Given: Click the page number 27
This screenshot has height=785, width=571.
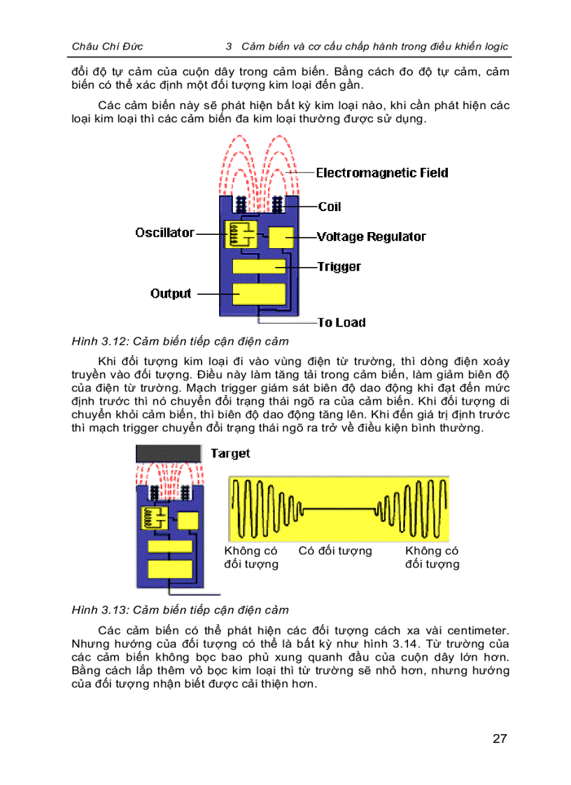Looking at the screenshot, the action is click(499, 739).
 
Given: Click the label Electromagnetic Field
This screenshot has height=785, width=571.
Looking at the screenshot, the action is click(382, 173).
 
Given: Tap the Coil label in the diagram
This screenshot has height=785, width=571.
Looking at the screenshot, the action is click(330, 207).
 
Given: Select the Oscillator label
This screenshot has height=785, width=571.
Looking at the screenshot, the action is click(164, 233).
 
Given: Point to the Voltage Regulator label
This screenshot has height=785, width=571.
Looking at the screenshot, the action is click(371, 237).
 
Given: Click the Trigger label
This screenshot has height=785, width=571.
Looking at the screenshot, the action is click(339, 266).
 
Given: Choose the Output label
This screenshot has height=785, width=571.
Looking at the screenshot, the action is click(171, 294).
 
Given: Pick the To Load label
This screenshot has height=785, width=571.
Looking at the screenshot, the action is click(341, 322).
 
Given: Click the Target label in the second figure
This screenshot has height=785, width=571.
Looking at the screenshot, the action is click(230, 454).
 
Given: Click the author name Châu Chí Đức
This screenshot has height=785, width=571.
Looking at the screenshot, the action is click(107, 46).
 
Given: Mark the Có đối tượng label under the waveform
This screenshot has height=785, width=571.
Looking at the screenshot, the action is click(335, 551).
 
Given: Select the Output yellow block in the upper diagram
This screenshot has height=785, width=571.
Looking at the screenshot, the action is click(258, 293).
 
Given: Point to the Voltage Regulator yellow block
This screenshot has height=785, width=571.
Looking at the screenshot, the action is click(282, 237).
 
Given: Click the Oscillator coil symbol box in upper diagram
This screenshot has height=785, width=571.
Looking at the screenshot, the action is click(238, 234).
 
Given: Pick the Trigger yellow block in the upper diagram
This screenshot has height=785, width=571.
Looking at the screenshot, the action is click(258, 266).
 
